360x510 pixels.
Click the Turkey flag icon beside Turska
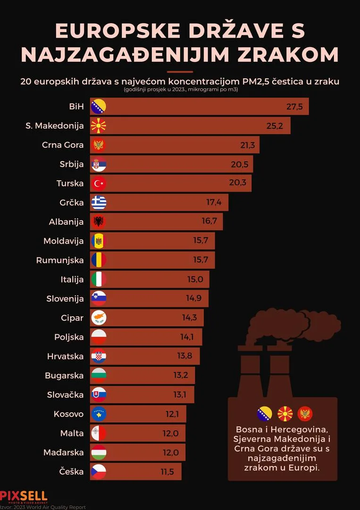coord(99,183)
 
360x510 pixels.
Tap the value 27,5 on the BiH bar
coord(294,106)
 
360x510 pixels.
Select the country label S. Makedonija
coord(54,126)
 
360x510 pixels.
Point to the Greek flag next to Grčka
coord(99,203)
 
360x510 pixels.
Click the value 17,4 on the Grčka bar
coord(214,202)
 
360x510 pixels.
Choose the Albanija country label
coord(66,221)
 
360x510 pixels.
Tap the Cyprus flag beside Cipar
coord(99,318)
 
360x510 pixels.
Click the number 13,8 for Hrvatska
coord(184,356)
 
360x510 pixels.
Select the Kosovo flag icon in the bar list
coord(99,414)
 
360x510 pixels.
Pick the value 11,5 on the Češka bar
coord(167,471)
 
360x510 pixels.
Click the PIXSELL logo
coord(24,496)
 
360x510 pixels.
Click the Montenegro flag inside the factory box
coord(306,414)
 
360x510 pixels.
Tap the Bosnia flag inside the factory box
coord(264,414)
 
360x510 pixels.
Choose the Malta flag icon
coord(99,433)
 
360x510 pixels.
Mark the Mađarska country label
coord(63,452)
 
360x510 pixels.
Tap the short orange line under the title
coord(180,72)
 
